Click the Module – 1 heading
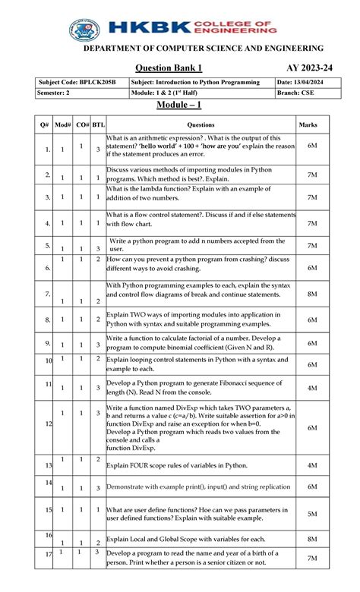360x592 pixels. coord(179,106)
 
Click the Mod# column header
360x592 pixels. coord(63,124)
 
